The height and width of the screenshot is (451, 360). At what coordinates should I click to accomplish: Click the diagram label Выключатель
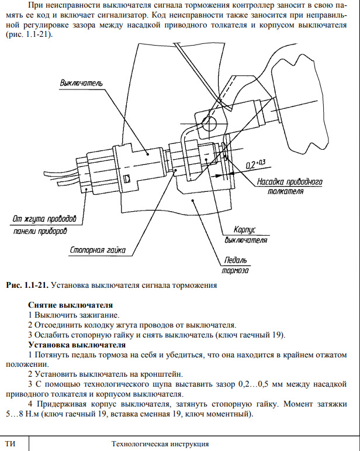coord(81,83)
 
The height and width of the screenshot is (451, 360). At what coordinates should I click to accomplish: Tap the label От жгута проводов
coord(44,219)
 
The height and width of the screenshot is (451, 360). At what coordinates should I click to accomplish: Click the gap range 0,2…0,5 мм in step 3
coord(259,384)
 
